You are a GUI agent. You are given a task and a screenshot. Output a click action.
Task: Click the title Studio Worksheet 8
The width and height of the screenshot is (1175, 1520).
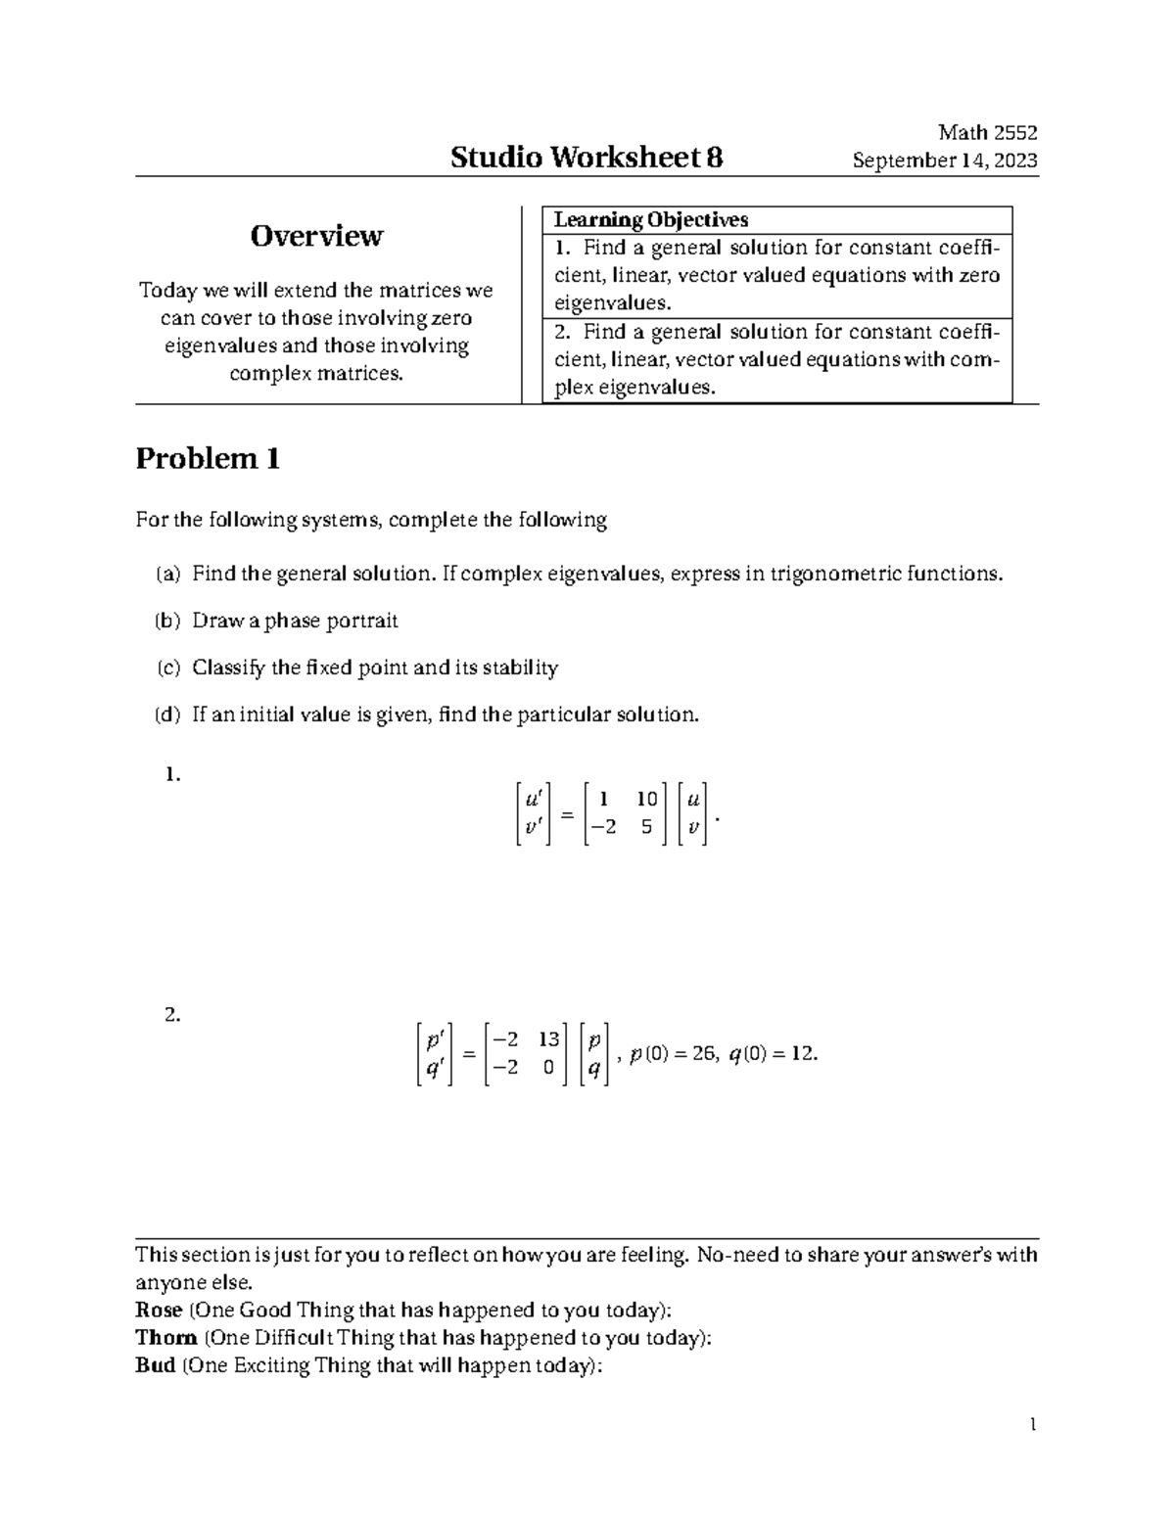click(587, 158)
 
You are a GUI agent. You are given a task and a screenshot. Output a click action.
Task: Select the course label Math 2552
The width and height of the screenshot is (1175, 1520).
click(987, 133)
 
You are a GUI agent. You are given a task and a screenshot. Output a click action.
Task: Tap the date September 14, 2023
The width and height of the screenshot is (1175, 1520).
click(945, 161)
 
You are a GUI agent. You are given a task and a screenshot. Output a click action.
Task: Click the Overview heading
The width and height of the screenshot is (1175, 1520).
click(316, 236)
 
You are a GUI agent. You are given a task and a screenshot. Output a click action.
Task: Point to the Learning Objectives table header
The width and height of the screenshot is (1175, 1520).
click(650, 220)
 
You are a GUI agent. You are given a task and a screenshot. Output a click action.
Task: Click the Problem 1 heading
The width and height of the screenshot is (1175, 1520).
click(208, 459)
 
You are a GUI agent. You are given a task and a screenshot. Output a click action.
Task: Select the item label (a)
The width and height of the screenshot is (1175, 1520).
click(167, 574)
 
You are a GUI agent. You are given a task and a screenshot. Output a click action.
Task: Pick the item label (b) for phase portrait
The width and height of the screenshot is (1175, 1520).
click(167, 621)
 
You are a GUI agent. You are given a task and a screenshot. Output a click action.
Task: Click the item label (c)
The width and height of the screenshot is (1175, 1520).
click(167, 668)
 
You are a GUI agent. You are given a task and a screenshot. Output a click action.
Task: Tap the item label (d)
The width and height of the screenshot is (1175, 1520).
click(167, 714)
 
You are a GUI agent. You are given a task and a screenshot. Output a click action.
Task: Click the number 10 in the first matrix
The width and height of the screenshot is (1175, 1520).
click(645, 800)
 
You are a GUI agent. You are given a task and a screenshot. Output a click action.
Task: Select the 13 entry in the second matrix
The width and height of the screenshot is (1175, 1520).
click(548, 1039)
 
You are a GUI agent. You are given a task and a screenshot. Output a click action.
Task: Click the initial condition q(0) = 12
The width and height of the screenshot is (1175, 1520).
click(773, 1054)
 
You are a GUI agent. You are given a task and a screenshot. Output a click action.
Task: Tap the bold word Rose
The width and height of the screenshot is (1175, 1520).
click(159, 1310)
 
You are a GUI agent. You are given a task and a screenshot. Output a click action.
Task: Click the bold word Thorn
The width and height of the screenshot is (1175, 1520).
click(165, 1337)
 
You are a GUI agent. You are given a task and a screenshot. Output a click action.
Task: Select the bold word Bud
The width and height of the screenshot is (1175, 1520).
click(155, 1364)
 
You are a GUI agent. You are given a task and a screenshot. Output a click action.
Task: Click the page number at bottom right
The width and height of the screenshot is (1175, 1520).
click(1032, 1425)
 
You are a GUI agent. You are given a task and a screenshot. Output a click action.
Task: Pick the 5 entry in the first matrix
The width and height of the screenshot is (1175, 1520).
click(646, 827)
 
